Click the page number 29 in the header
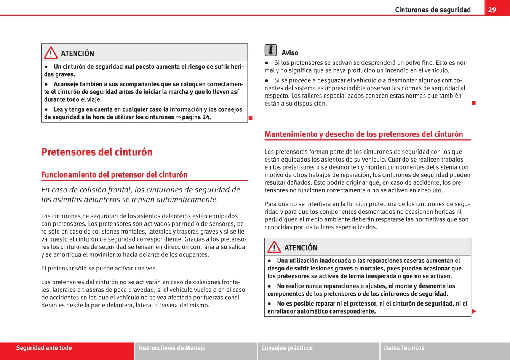point(492,10)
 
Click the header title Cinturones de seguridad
point(433,10)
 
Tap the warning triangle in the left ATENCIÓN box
point(51,53)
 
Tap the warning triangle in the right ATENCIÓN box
point(274,248)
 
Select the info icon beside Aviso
point(270,50)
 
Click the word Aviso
point(290,53)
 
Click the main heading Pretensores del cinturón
point(97,152)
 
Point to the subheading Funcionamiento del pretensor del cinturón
point(114,175)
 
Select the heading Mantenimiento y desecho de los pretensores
point(364,134)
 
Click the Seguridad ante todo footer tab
point(44,348)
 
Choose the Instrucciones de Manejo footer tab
point(172,348)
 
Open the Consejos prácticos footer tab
point(287,348)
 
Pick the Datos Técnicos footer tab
point(404,348)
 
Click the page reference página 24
point(197,117)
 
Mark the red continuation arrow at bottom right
point(474,312)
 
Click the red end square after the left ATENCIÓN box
point(251,117)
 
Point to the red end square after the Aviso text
point(474,103)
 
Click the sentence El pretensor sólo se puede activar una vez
point(99,268)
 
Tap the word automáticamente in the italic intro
point(189,199)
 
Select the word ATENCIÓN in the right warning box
point(301,248)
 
